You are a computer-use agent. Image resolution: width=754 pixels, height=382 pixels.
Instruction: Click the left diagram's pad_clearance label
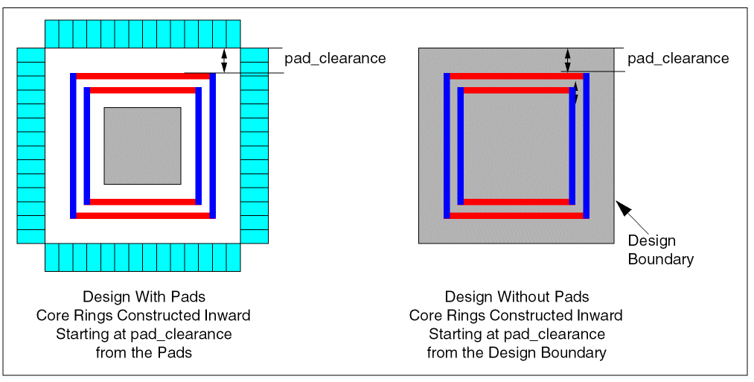(x=335, y=58)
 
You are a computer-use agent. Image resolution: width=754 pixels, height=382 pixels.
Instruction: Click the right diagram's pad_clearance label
(x=678, y=58)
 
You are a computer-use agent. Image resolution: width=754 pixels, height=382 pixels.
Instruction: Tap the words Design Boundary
(x=661, y=250)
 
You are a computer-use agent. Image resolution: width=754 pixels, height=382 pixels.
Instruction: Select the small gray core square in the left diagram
(x=142, y=146)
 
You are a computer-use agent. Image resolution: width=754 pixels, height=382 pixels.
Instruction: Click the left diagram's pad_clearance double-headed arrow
(x=224, y=60)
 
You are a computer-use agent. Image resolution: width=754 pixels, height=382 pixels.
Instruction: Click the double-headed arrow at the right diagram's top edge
(x=568, y=60)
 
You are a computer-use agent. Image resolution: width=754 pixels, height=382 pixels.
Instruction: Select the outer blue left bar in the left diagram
(x=73, y=146)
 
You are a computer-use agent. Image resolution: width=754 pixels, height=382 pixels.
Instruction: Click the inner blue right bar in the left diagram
(x=199, y=146)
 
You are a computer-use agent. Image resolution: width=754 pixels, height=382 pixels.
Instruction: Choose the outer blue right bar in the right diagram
(x=587, y=146)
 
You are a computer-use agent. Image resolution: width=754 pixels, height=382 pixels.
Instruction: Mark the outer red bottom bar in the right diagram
(x=517, y=216)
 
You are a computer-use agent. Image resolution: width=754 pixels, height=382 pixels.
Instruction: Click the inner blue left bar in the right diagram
(x=461, y=146)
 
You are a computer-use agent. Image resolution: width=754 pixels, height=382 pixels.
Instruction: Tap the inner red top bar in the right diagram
(x=517, y=90)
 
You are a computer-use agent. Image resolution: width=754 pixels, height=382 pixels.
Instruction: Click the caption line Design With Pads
(x=144, y=296)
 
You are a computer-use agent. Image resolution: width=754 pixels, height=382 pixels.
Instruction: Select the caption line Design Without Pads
(x=517, y=296)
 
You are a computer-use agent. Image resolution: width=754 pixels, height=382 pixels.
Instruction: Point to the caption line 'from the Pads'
(x=144, y=353)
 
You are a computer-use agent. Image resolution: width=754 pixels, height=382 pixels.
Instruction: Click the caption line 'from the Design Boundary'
(x=517, y=353)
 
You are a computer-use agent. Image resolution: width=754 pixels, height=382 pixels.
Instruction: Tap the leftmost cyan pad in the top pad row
(x=52, y=34)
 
